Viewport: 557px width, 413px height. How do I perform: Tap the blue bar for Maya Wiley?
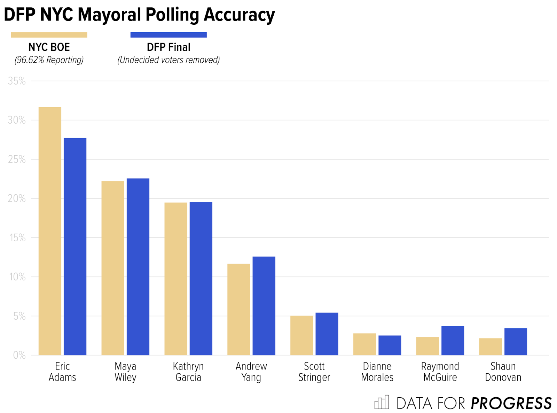coord(138,267)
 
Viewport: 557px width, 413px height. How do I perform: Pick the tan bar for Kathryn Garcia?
coord(176,279)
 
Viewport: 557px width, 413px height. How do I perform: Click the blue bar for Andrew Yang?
coord(264,306)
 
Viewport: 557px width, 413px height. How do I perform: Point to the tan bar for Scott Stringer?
coord(301,335)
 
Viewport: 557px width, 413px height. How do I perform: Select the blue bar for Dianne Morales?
coord(390,345)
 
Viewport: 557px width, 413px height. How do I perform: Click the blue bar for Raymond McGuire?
coord(453,341)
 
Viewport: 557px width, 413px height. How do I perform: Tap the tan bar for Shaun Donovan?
coord(490,346)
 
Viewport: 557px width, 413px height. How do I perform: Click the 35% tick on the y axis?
coord(17,81)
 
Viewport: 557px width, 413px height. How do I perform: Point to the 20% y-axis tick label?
coord(17,198)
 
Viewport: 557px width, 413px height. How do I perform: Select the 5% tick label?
coord(19,316)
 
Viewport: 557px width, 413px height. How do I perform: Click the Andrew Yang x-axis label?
coord(251,372)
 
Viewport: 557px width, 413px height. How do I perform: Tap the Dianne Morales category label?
coord(377,372)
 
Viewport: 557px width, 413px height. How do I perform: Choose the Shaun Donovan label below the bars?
coord(503,372)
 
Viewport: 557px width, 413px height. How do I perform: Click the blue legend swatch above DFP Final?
coord(168,35)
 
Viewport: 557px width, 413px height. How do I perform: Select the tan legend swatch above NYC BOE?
coord(49,35)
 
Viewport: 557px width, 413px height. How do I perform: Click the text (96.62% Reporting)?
coord(49,60)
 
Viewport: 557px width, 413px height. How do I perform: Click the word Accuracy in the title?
coord(239,15)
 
